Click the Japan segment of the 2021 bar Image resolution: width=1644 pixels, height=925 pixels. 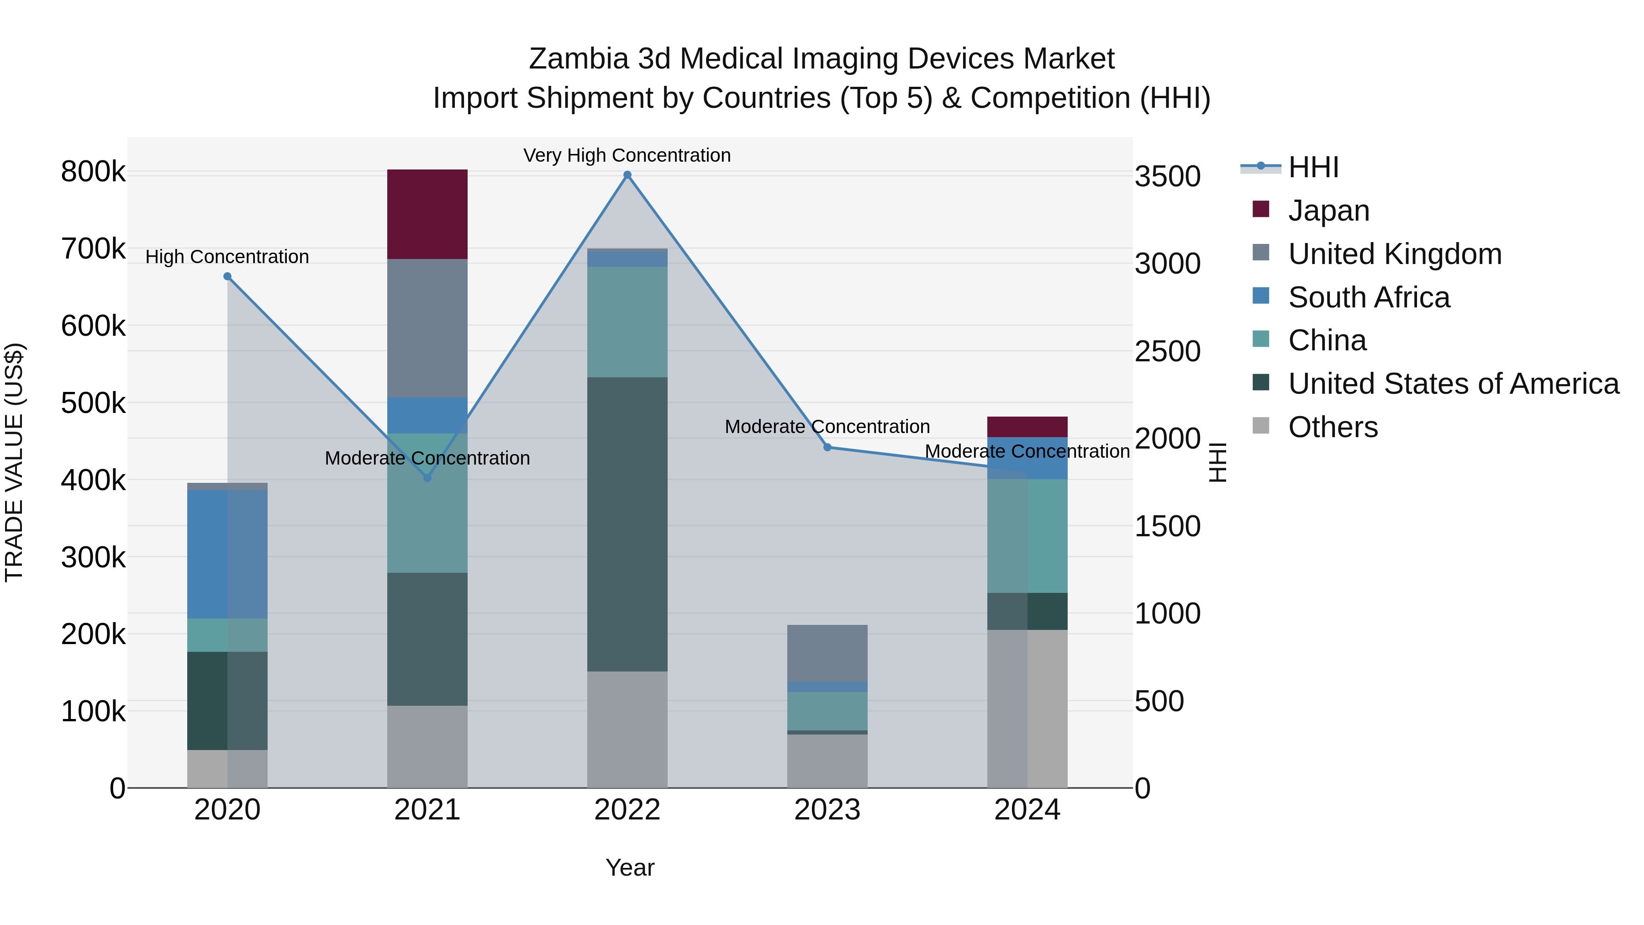click(x=427, y=214)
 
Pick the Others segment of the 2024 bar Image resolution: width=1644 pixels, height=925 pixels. click(x=1027, y=708)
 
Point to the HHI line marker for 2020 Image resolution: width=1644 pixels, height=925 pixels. click(x=227, y=276)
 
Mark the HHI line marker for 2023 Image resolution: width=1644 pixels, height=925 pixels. click(x=827, y=448)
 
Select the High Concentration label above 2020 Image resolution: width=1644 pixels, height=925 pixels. click(x=227, y=257)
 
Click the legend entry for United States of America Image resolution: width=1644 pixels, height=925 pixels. click(x=1453, y=384)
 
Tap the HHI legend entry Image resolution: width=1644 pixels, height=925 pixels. click(x=1313, y=167)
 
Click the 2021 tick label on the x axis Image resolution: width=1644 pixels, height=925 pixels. click(x=427, y=810)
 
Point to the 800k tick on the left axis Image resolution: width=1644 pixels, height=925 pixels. click(x=93, y=172)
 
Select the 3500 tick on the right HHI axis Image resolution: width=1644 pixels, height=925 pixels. click(x=1167, y=176)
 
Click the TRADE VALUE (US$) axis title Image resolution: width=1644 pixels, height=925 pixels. click(x=14, y=462)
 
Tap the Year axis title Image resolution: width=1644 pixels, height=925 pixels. click(x=630, y=867)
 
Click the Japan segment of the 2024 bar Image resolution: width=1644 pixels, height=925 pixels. click(x=1027, y=427)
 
